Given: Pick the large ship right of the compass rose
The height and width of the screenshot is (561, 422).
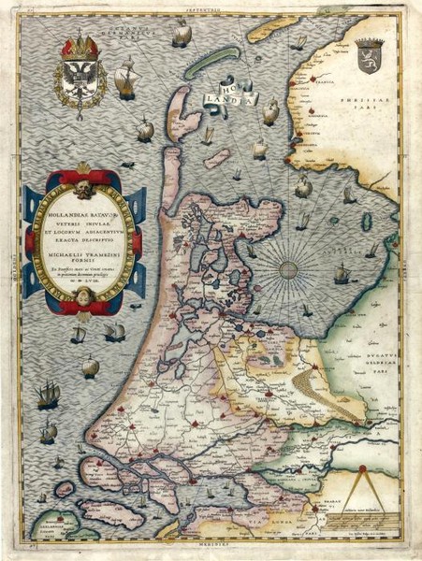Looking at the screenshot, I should (x=342, y=274).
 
